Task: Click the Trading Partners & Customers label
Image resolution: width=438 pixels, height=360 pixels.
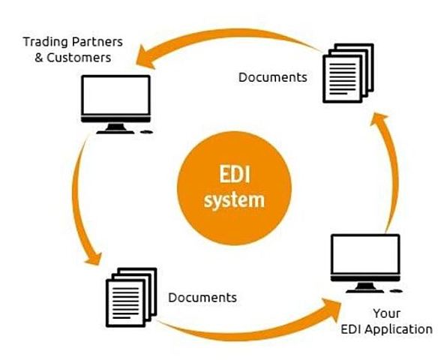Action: coord(72,49)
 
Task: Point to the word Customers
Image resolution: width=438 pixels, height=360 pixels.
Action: coord(84,57)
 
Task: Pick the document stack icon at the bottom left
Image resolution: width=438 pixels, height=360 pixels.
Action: coord(128,298)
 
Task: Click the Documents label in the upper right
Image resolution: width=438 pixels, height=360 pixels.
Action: coord(272,76)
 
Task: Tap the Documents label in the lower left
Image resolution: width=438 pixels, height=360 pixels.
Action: coord(202,298)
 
